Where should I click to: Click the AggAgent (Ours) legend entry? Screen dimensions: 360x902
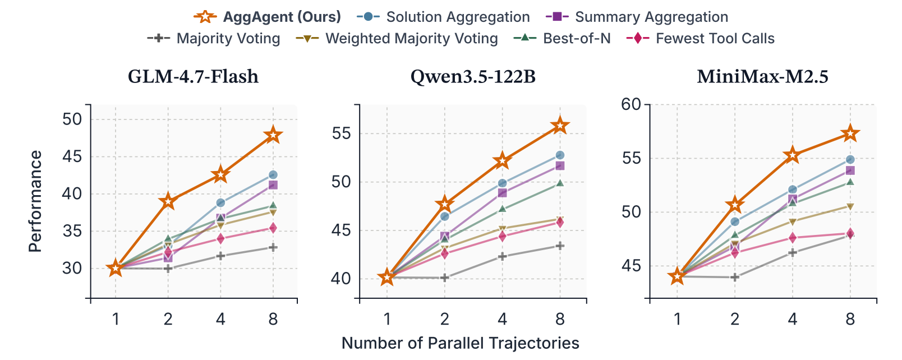[x=268, y=17]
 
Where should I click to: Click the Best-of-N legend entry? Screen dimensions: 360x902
[x=563, y=38]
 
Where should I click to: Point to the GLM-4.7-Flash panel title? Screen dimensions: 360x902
[x=194, y=76]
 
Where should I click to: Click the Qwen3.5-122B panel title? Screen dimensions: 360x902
[x=473, y=76]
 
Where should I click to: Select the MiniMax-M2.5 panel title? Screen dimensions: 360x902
[x=762, y=76]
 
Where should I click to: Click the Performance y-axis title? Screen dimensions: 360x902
[x=35, y=201]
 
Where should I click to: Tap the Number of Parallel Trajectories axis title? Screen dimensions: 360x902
[x=460, y=343]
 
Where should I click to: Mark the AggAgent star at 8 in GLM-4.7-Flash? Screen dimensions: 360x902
[x=273, y=135]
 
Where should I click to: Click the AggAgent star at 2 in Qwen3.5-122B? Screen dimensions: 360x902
[x=445, y=204]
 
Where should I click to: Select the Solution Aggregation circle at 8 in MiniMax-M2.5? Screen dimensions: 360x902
[x=850, y=160]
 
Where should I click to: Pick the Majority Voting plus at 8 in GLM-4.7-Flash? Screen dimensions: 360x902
[x=273, y=247]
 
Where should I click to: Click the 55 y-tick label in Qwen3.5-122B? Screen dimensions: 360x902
[x=341, y=133]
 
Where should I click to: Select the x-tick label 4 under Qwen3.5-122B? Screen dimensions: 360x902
[x=502, y=319]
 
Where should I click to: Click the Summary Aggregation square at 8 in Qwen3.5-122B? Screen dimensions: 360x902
[x=560, y=166]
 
